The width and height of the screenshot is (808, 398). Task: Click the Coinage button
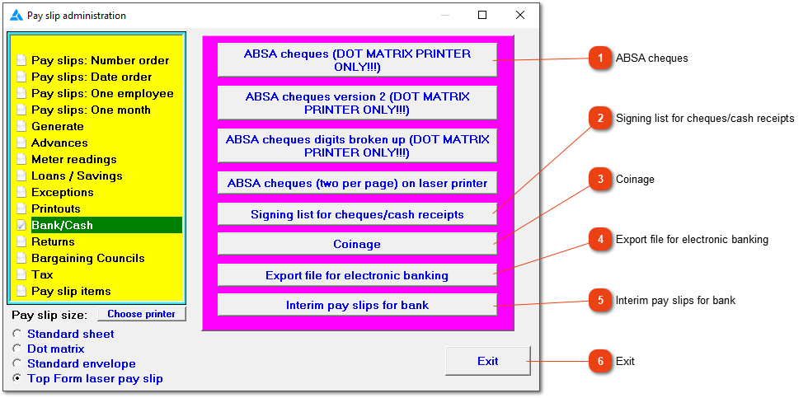tap(357, 244)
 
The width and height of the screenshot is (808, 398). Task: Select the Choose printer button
tap(141, 314)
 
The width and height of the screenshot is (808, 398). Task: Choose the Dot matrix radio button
tap(17, 349)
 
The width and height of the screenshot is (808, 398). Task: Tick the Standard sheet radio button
tap(17, 334)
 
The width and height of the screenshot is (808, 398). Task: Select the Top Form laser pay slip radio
tap(17, 378)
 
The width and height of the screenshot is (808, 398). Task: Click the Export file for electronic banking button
tap(357, 275)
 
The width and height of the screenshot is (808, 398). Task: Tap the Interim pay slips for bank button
tap(357, 305)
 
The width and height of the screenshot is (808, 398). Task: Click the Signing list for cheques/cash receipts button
tap(357, 213)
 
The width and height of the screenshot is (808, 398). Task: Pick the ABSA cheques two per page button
tap(357, 183)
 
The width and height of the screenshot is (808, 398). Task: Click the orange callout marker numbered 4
tap(600, 240)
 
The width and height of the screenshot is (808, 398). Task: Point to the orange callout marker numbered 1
tap(600, 59)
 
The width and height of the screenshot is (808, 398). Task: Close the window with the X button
tap(520, 15)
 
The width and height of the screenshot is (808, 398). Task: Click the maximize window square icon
tap(482, 15)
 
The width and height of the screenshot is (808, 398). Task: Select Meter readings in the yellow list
tap(73, 159)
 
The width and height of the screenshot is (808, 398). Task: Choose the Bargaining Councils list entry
tap(87, 258)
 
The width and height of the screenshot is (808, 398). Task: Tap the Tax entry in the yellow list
tap(42, 274)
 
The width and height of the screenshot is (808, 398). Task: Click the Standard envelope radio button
tap(17, 363)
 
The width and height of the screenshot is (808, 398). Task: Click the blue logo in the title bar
tap(16, 16)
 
